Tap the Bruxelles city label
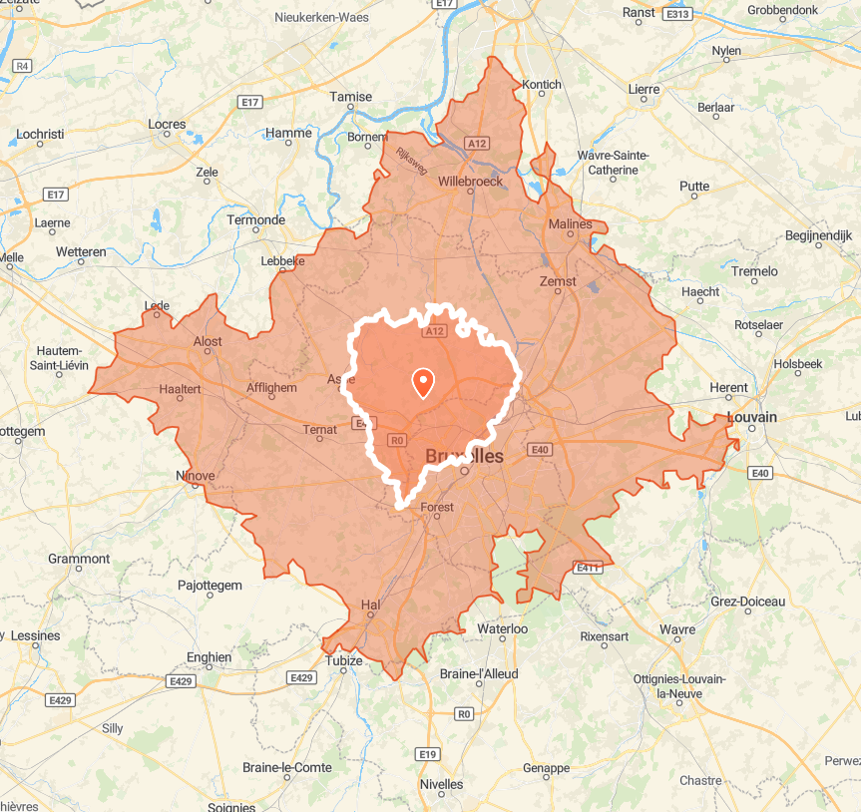[x=464, y=456]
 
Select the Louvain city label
[x=752, y=417]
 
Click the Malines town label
[x=570, y=224]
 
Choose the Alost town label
[x=208, y=341]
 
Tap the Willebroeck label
[x=470, y=183]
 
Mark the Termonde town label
[x=256, y=219]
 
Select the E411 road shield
[x=589, y=568]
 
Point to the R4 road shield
[x=22, y=66]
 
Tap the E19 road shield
[x=428, y=753]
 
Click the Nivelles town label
[x=441, y=784]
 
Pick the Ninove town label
[x=195, y=475]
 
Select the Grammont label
[x=79, y=559]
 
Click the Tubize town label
[x=343, y=660]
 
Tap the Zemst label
[x=558, y=281]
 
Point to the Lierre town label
[x=644, y=89]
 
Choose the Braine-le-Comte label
[x=287, y=767]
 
